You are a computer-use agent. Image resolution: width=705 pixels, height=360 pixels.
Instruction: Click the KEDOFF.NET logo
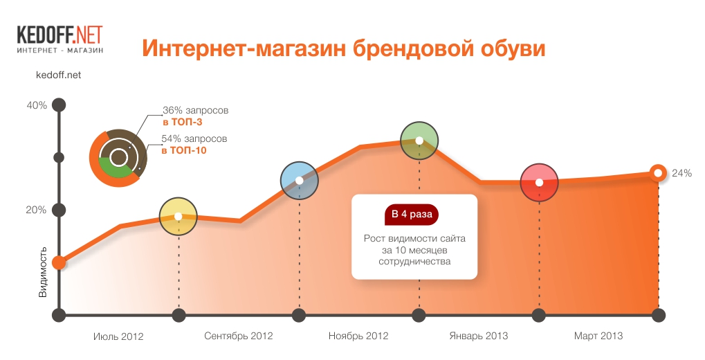[x=59, y=39]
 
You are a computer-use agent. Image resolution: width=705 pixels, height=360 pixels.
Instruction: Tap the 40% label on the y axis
[x=37, y=105]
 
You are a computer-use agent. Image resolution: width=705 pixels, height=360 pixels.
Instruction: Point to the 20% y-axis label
[x=37, y=210]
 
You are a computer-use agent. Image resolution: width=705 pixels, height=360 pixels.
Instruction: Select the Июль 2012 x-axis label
[x=119, y=336]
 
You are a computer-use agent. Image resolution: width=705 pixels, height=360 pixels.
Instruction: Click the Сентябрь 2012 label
[x=238, y=336]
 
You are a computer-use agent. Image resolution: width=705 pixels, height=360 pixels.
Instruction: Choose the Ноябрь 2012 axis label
[x=358, y=336]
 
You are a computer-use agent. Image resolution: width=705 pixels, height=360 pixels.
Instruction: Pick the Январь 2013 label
[x=478, y=336]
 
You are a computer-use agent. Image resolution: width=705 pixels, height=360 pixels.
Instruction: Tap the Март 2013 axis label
[x=598, y=336]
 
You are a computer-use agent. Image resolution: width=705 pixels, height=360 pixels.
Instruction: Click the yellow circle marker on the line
[x=178, y=217]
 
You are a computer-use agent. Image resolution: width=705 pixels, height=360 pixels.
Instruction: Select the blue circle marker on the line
[x=299, y=181]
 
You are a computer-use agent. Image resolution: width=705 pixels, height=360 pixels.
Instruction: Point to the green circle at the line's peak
[x=419, y=141]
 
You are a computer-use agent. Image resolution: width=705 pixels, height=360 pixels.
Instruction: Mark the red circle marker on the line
[x=539, y=183]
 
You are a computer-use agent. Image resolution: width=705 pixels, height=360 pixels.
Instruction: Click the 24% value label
[x=681, y=173]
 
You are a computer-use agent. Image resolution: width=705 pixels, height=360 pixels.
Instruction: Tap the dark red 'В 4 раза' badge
[x=412, y=214]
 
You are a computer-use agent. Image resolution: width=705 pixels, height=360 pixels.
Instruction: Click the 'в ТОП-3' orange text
[x=183, y=122]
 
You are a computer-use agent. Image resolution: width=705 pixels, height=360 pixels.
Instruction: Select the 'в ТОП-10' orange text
[x=184, y=150]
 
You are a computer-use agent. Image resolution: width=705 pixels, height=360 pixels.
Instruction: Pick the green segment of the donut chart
[x=115, y=170]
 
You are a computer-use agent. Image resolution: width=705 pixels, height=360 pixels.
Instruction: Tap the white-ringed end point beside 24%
[x=658, y=173]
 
